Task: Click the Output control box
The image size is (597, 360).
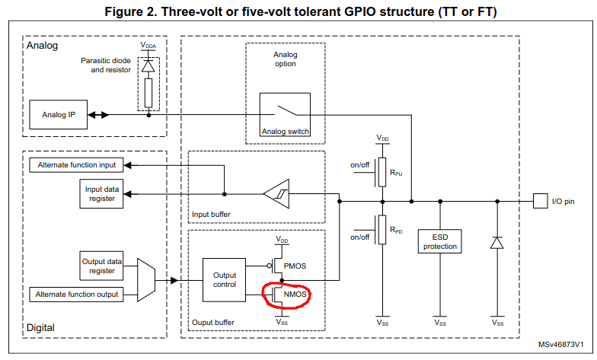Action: tap(224, 279)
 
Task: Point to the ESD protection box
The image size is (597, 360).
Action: tap(439, 241)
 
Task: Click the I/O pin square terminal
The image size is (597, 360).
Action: tap(538, 202)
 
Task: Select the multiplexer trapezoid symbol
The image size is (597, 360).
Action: tap(145, 279)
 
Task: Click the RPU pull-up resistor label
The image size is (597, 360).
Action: tap(395, 173)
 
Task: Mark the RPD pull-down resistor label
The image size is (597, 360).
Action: tap(395, 229)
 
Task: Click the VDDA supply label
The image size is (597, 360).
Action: tap(148, 46)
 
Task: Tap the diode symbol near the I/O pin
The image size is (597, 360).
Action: tap(496, 243)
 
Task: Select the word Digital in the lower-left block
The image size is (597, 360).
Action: tap(40, 328)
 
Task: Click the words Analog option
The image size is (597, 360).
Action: tap(285, 59)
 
